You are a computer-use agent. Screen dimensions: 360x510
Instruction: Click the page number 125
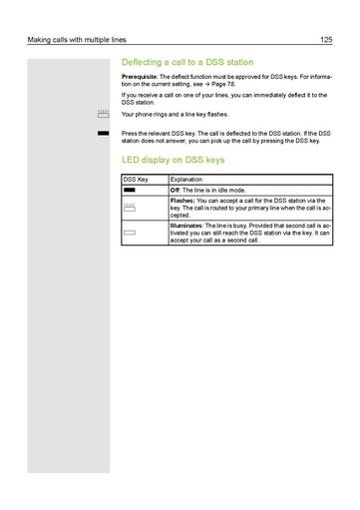click(325, 40)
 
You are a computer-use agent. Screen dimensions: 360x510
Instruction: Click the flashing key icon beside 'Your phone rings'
click(103, 115)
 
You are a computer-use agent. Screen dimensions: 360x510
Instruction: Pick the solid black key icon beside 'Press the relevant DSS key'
click(103, 132)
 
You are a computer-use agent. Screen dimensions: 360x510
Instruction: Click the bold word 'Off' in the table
click(177, 189)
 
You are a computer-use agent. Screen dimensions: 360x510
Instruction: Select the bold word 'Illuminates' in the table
click(189, 225)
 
